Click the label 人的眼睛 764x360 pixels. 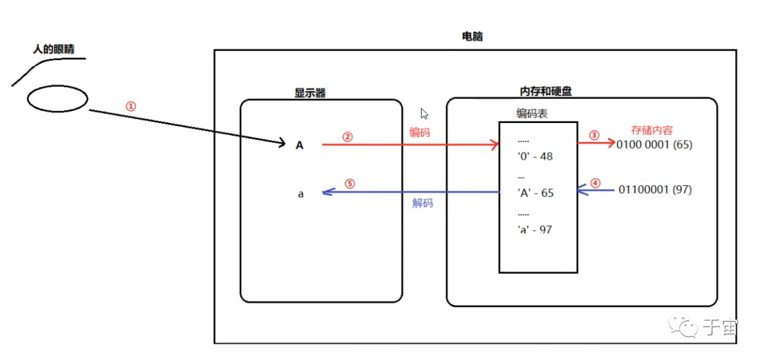coord(54,50)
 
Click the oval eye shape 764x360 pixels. coord(58,99)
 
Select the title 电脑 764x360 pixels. coord(472,36)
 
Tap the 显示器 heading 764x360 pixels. coord(310,92)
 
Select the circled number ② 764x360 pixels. coord(347,137)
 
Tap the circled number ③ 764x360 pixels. coord(594,135)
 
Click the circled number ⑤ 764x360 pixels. coord(349,183)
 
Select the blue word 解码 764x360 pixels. coord(422,203)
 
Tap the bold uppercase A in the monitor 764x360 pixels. coord(299,145)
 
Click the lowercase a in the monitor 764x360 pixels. coord(301,193)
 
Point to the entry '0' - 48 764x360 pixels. coord(536,156)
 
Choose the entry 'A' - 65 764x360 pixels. coord(536,193)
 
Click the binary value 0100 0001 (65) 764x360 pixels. coord(654,145)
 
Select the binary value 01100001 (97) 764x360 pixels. coord(655,190)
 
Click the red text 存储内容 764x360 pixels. coord(652,130)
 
